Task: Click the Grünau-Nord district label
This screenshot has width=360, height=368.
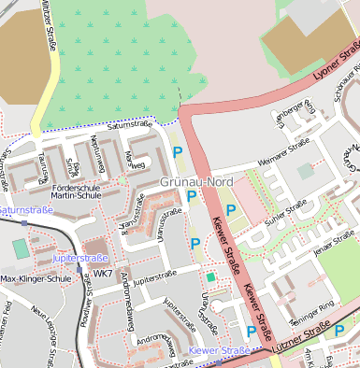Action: click(x=196, y=180)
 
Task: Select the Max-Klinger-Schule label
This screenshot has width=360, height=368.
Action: click(x=36, y=278)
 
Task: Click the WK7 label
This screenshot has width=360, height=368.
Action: click(x=102, y=274)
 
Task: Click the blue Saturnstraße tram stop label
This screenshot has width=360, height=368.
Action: click(x=25, y=211)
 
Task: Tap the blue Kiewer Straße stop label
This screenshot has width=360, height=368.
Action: click(x=219, y=350)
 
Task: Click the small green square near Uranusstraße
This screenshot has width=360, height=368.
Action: click(x=211, y=277)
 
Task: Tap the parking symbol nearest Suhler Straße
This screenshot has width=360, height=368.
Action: click(x=231, y=210)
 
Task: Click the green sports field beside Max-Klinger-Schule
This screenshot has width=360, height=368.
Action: click(x=20, y=248)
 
